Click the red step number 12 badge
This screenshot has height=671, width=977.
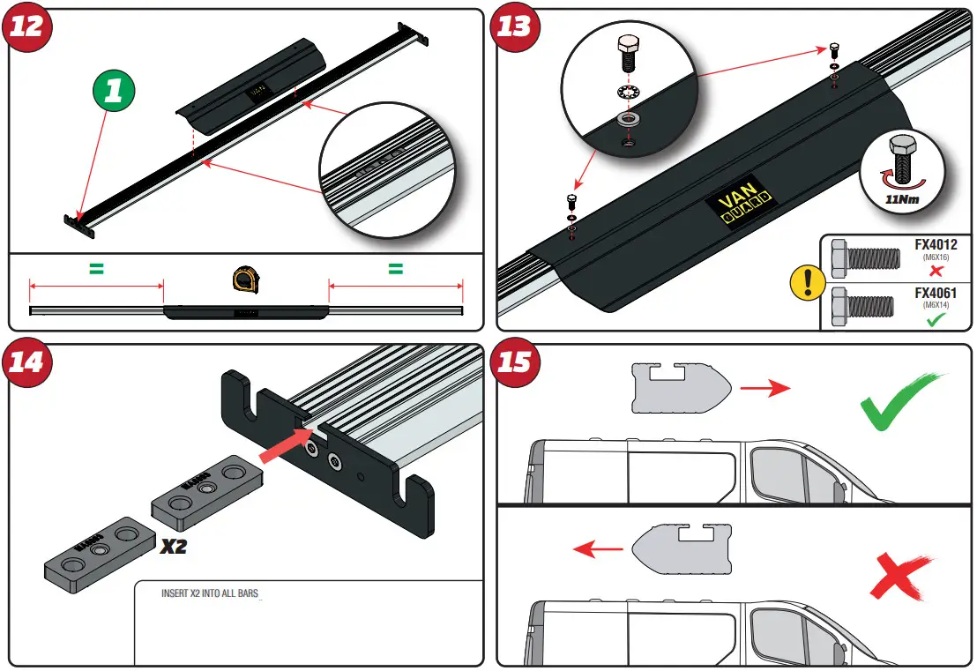pos(26,25)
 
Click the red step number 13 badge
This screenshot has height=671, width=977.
pos(515,25)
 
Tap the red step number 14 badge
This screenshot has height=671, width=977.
pos(26,361)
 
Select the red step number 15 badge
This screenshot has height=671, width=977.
pos(515,361)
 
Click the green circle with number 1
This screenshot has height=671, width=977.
pos(113,92)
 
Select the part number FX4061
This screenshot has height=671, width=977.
pos(935,293)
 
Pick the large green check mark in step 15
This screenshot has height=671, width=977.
pos(899,401)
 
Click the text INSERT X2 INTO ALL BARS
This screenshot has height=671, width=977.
pos(210,593)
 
